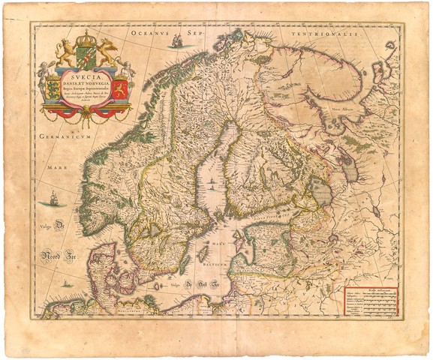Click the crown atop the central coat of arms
click(x=88, y=37)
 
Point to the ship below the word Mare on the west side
click(x=53, y=198)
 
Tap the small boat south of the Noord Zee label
click(x=66, y=283)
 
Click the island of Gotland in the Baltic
click(x=203, y=254)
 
